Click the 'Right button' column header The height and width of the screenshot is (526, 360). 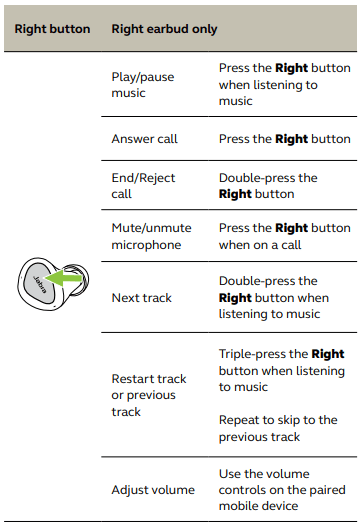(52, 29)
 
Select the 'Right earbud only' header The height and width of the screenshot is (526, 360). (164, 29)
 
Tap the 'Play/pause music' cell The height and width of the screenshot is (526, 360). (143, 85)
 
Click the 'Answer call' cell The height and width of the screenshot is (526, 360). (144, 139)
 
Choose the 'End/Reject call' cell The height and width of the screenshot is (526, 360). (143, 186)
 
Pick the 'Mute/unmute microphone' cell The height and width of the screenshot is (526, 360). (151, 236)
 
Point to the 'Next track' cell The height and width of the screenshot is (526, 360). (142, 298)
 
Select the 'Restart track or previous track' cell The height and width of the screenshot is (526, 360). (149, 395)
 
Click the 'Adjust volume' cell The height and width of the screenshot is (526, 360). (153, 490)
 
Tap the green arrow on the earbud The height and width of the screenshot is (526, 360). (63, 278)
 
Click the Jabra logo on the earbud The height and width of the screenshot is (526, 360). (40, 284)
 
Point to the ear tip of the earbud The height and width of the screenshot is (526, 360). (78, 279)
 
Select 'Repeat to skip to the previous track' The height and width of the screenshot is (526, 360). (278, 428)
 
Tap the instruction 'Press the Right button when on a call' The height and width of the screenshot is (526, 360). (285, 236)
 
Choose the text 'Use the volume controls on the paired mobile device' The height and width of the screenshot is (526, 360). (282, 490)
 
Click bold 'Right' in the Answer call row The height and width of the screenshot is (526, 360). (292, 139)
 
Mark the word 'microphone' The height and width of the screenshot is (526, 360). (146, 245)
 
